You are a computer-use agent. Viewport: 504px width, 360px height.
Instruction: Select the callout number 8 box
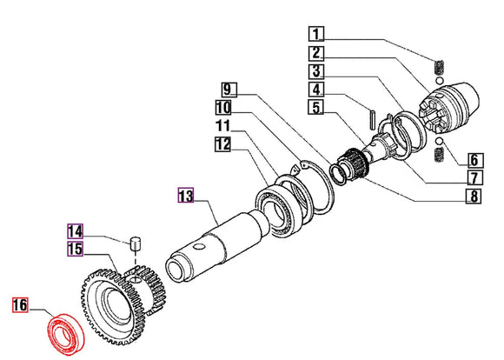[474, 196]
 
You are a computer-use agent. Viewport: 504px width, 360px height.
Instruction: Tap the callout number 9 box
[228, 90]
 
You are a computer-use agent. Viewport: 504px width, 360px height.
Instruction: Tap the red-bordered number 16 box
[19, 304]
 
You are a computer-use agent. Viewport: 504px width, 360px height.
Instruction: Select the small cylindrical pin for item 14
[136, 243]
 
